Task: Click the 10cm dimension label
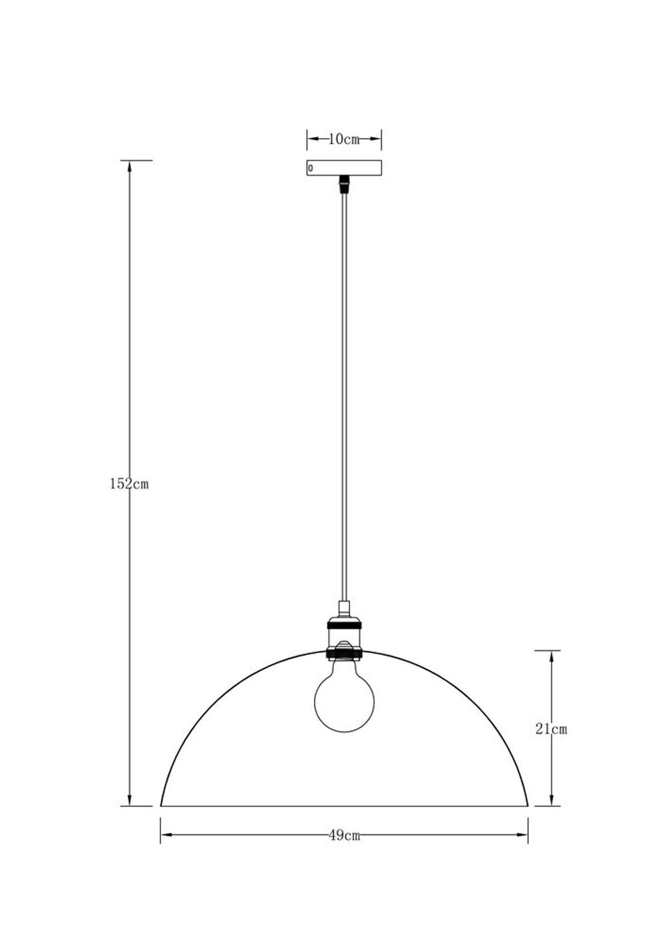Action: [344, 139]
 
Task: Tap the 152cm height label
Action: [129, 484]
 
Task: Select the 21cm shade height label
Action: [551, 729]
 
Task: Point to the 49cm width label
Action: [345, 835]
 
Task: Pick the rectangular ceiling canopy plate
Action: [344, 168]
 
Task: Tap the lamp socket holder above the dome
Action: [345, 634]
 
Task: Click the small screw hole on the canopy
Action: [310, 168]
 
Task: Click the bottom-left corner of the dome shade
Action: [161, 805]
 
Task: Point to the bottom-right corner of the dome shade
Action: [528, 805]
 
